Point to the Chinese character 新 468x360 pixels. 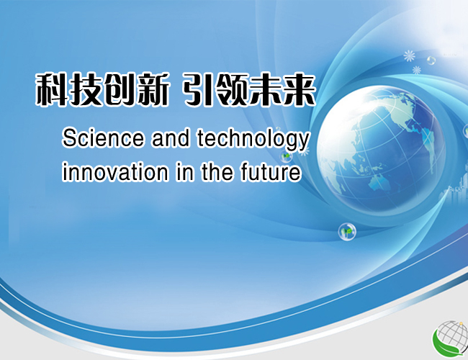click(152, 89)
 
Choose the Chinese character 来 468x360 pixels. click(300, 89)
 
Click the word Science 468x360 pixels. click(103, 138)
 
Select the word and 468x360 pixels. click(171, 138)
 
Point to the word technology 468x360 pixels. click(253, 140)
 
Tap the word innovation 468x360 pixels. click(115, 172)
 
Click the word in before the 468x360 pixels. click(185, 172)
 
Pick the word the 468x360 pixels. click(217, 172)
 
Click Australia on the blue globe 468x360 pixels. click(379, 181)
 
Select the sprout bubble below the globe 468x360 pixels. click(347, 231)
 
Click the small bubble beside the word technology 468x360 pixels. click(286, 156)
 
